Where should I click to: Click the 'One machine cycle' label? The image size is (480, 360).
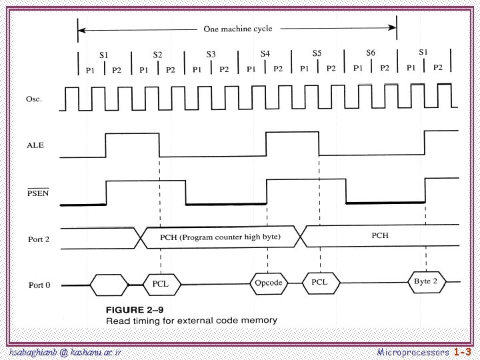click(237, 29)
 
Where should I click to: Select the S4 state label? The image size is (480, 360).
click(265, 53)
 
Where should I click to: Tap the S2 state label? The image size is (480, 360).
click(157, 55)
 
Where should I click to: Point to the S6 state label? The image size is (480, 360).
click(371, 52)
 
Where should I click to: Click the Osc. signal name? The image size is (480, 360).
click(34, 99)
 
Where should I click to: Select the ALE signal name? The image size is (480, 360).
click(35, 144)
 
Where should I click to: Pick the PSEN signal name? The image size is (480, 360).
click(37, 194)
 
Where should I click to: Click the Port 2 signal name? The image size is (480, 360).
click(39, 239)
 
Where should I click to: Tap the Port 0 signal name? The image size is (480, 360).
click(39, 285)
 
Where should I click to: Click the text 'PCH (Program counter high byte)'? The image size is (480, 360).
click(221, 237)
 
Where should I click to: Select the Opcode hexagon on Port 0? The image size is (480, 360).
click(269, 283)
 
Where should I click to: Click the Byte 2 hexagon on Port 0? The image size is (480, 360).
click(425, 281)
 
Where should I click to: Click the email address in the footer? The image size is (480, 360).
click(65, 351)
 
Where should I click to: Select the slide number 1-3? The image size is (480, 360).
click(463, 351)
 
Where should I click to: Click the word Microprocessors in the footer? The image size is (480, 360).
click(413, 351)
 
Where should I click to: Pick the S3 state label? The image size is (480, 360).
click(211, 53)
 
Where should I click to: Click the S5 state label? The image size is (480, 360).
click(317, 52)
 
